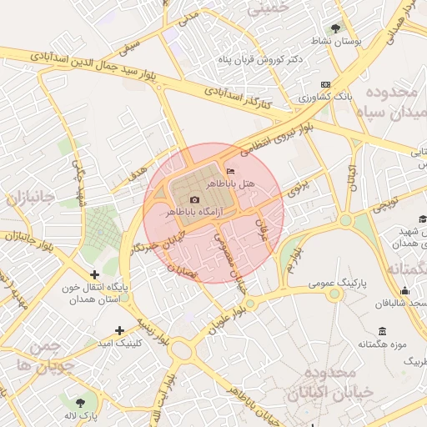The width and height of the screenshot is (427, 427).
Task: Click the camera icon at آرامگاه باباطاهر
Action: coord(195,199)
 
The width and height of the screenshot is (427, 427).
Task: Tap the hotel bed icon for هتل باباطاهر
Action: coord(231,172)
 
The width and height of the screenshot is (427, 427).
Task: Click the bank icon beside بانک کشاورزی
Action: coord(324,85)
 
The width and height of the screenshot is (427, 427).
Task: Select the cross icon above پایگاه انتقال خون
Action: coord(94,274)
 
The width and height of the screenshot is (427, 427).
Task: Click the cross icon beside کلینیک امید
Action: coord(120,331)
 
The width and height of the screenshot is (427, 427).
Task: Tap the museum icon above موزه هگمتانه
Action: coord(382,331)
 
